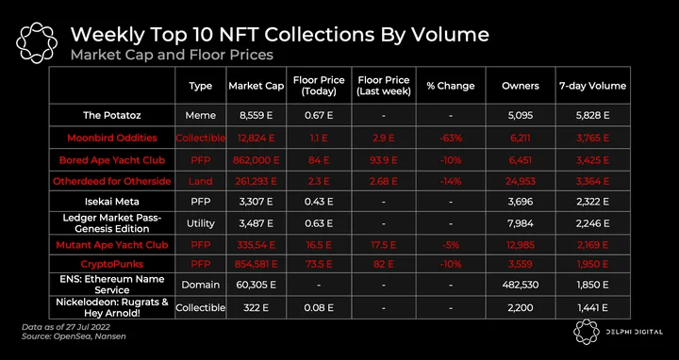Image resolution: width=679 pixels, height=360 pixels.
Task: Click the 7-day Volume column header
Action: click(592, 86)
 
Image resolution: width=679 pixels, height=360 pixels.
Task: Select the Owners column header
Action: click(520, 86)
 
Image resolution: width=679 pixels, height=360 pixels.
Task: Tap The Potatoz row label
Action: click(111, 116)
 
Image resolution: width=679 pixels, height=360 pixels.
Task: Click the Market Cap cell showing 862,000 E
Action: click(256, 160)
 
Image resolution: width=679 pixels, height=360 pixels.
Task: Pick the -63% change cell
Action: click(451, 138)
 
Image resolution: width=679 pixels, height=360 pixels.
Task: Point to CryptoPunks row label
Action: click(111, 264)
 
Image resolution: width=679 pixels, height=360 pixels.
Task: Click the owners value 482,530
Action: click(520, 286)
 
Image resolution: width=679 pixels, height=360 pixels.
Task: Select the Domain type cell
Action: click(201, 286)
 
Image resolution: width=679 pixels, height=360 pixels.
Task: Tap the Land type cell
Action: click(201, 181)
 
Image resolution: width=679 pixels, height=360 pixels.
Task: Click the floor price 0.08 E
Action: click(319, 307)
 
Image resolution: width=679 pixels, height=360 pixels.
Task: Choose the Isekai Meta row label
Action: click(111, 202)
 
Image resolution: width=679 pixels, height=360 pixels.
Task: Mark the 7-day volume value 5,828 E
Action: click(592, 116)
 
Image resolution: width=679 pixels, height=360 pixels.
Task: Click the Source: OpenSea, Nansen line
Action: click(74, 336)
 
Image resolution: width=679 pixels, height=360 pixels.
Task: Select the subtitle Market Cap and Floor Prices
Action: click(172, 55)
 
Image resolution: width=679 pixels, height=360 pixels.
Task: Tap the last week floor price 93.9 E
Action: click(384, 160)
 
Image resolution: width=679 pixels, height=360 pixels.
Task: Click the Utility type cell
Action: click(201, 223)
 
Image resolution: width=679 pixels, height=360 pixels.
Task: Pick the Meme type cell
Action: click(201, 116)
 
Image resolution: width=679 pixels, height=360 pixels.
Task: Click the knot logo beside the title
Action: click(37, 42)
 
